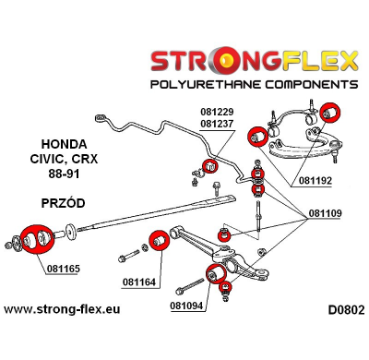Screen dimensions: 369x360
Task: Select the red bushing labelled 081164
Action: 158,241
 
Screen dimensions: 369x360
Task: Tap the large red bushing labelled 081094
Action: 219,274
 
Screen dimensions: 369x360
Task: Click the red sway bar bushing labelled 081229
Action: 208,167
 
